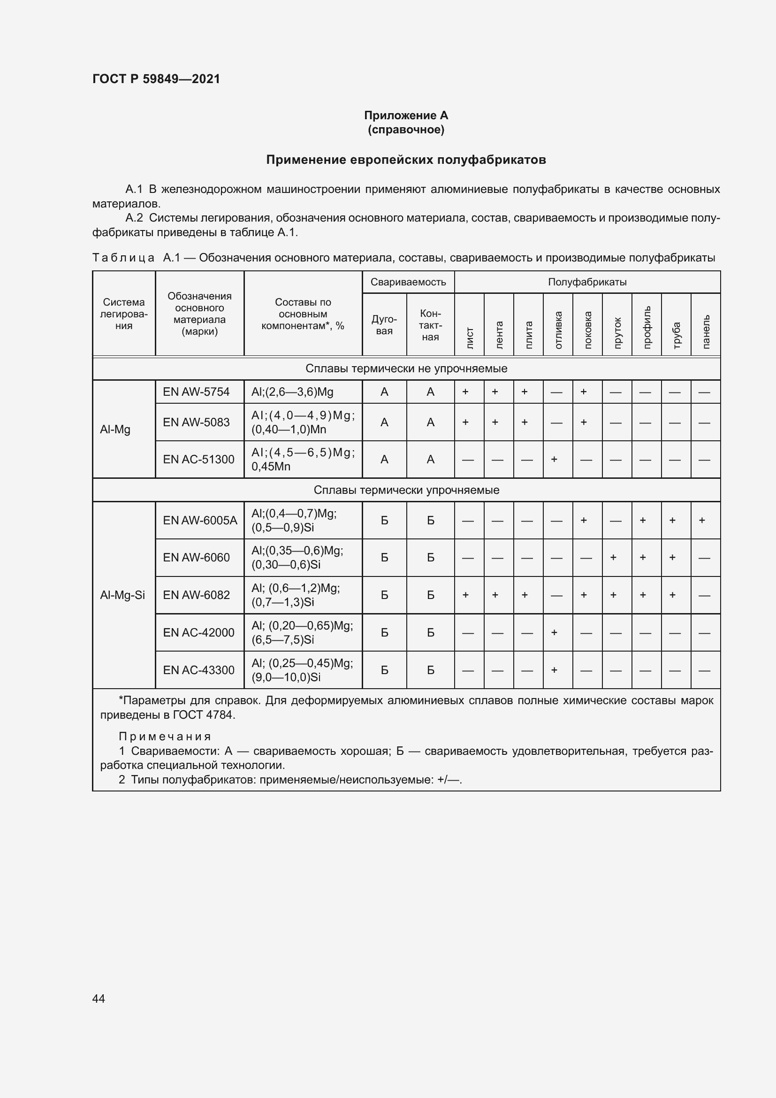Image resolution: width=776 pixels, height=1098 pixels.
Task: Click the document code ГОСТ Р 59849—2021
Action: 156,79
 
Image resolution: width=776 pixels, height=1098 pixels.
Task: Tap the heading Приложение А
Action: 406,115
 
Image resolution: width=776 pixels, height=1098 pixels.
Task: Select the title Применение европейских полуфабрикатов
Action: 406,160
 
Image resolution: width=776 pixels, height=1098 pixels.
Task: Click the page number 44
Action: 99,998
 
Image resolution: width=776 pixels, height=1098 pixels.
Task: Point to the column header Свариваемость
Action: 408,282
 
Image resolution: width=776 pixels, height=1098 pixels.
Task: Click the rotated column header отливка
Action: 558,330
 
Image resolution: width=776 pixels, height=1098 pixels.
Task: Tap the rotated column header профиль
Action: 647,327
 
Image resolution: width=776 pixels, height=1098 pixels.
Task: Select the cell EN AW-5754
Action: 196,392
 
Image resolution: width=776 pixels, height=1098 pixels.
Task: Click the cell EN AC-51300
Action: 198,460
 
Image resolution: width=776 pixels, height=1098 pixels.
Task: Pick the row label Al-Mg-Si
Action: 122,595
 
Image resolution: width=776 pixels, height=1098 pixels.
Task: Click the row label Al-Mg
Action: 115,430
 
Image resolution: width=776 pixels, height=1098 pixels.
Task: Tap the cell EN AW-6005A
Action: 200,520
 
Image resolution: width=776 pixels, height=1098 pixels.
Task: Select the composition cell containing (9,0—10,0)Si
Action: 302,670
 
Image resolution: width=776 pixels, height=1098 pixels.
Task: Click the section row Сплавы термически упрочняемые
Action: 406,490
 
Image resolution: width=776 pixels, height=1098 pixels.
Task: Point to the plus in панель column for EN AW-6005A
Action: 702,520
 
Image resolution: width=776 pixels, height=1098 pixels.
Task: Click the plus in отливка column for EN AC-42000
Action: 554,632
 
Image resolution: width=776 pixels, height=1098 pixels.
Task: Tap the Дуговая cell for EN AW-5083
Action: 384,422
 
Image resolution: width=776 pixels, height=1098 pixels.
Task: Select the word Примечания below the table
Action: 165,737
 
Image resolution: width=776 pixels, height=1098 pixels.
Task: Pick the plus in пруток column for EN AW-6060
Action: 614,558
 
